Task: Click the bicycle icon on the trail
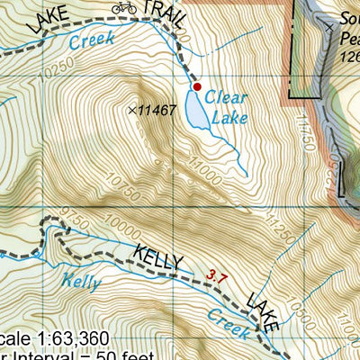pos(124,8)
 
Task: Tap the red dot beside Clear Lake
pos(197,86)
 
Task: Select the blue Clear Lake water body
pos(195,113)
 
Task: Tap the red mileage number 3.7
pos(215,275)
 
